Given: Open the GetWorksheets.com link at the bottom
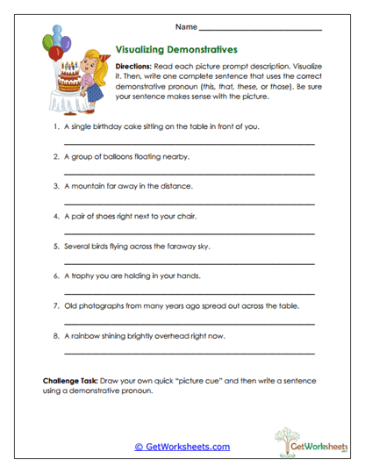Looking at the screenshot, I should tap(182, 447).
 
